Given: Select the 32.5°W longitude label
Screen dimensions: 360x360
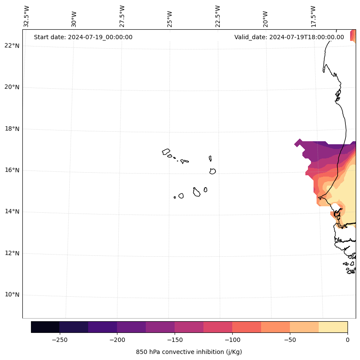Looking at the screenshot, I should coord(27,16).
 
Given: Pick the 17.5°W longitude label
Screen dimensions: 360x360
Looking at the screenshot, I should coord(313,16).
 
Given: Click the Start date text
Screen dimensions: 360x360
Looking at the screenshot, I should coord(83,37).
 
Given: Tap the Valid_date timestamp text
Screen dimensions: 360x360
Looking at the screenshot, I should coord(289,37).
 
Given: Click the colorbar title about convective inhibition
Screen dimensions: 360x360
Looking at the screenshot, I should coord(189,352).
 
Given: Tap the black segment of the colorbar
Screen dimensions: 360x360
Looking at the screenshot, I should coord(45,327).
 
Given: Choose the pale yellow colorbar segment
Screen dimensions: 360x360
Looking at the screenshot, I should coord(333,327).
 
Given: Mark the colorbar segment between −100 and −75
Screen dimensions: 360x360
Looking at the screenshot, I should coord(246,327).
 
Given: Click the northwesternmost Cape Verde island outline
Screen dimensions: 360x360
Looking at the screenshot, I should coord(166,152).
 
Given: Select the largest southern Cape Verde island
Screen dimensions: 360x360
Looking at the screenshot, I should coord(197,192).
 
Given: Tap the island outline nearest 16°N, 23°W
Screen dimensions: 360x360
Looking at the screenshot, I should coord(212,171).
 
